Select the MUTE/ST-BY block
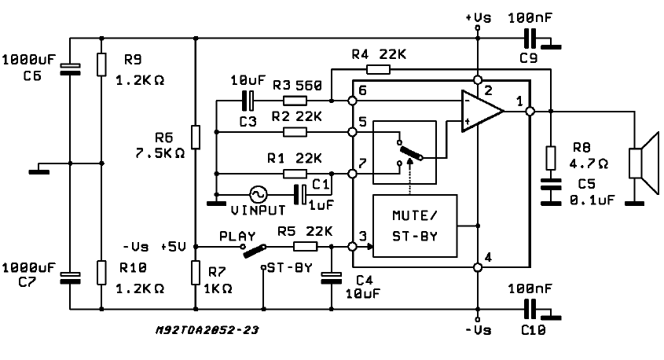414,226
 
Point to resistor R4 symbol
378,69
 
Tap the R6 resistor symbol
196,137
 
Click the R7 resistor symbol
196,272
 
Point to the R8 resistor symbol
551,157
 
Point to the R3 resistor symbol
295,101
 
